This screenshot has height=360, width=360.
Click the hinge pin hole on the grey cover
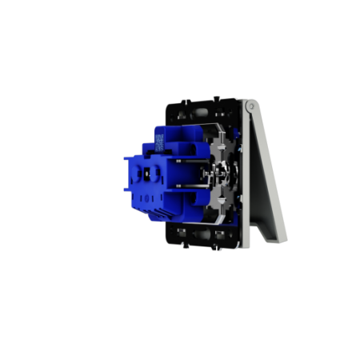[250, 106]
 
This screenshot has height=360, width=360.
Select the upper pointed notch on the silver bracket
[218, 146]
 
